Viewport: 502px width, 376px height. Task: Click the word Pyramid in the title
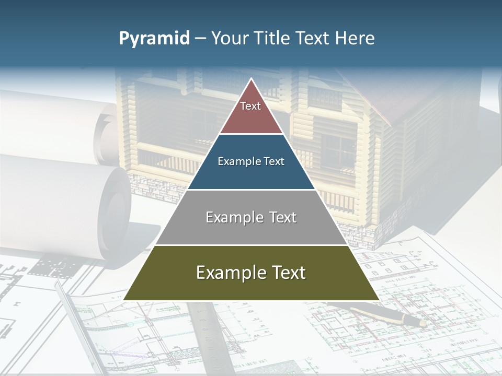[x=154, y=39]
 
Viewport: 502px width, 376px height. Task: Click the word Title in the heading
[x=273, y=38]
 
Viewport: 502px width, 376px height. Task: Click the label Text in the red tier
[x=250, y=106]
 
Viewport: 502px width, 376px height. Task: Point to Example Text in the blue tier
[x=251, y=161]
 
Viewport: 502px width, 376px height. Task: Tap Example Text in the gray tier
[x=251, y=217]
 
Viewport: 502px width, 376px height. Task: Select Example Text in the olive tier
[x=251, y=273]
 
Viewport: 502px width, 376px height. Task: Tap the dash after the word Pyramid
[x=200, y=39]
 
